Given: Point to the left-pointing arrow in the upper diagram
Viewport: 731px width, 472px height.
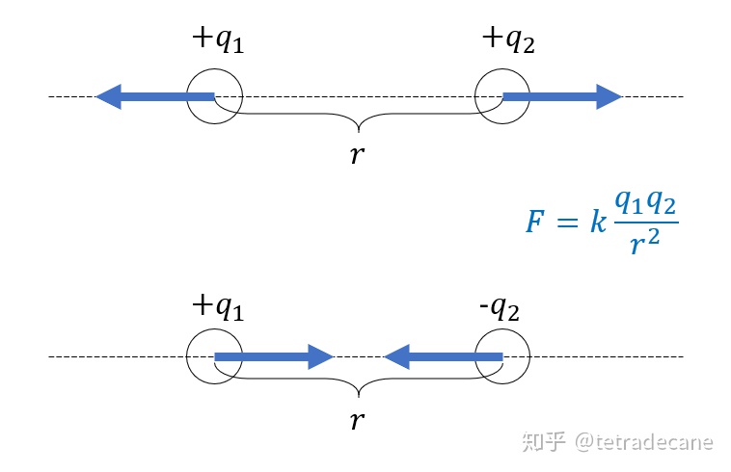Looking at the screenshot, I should (154, 96).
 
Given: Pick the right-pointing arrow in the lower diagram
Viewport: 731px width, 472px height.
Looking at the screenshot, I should (274, 357).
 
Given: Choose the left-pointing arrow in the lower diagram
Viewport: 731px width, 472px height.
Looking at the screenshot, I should (444, 357).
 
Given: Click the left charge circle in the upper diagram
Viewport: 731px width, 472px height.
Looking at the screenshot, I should (214, 96).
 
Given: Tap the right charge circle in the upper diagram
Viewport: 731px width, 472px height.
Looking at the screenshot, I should (502, 96).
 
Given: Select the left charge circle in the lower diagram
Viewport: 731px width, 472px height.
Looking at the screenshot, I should (214, 357).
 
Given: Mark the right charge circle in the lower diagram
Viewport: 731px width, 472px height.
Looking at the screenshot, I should (502, 357).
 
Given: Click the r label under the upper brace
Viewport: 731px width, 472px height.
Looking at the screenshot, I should (358, 154).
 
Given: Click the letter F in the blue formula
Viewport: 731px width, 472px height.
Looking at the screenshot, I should (535, 223).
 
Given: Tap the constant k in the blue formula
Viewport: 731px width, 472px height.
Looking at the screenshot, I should (597, 223).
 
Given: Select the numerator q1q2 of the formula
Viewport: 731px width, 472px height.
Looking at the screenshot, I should (646, 202).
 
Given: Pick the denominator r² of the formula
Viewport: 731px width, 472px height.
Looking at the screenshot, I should (646, 245).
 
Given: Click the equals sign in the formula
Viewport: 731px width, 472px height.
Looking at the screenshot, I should (567, 223).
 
